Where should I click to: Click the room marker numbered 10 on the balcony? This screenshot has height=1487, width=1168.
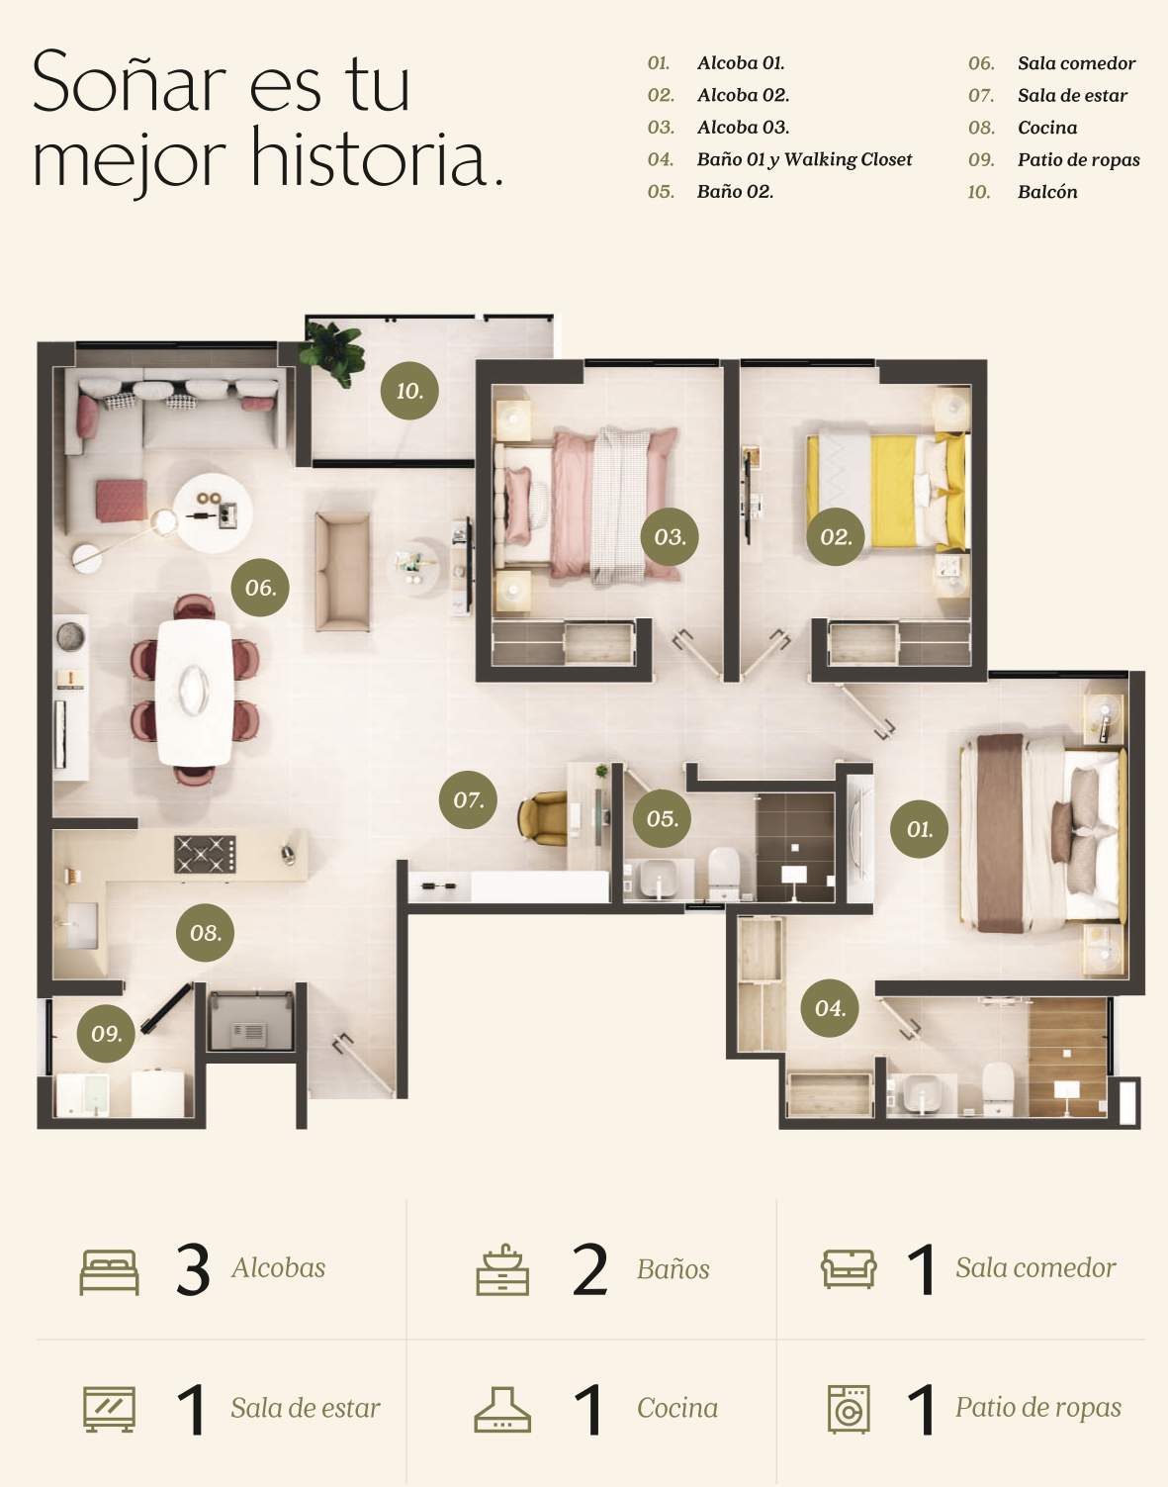[x=409, y=391]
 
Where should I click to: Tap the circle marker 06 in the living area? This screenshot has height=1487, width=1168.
[x=260, y=587]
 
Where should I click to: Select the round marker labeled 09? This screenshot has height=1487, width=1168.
[x=106, y=1033]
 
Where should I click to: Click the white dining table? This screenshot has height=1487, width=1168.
[x=194, y=692]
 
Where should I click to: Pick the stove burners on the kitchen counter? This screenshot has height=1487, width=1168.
[x=205, y=854]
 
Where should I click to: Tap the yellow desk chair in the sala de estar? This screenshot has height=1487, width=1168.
[x=542, y=818]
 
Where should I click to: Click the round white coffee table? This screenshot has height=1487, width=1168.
[x=213, y=512]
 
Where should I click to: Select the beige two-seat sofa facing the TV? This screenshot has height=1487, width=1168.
[x=342, y=571]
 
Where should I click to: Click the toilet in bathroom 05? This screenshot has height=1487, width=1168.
[x=724, y=873]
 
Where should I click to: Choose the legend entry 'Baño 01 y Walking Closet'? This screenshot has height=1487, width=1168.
[x=804, y=159]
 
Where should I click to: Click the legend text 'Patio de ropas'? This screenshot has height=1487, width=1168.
[x=1078, y=160]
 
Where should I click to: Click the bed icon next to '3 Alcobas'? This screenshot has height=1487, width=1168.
[x=110, y=1272]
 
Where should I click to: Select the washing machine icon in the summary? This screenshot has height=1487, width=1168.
[x=849, y=1409]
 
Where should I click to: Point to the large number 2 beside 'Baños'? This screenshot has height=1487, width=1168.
[x=589, y=1269]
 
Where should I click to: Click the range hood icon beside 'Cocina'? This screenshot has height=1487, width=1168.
[x=502, y=1410]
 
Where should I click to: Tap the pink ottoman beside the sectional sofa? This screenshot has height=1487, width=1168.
[x=121, y=501]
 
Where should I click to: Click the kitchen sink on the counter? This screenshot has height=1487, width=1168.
[x=81, y=926]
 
